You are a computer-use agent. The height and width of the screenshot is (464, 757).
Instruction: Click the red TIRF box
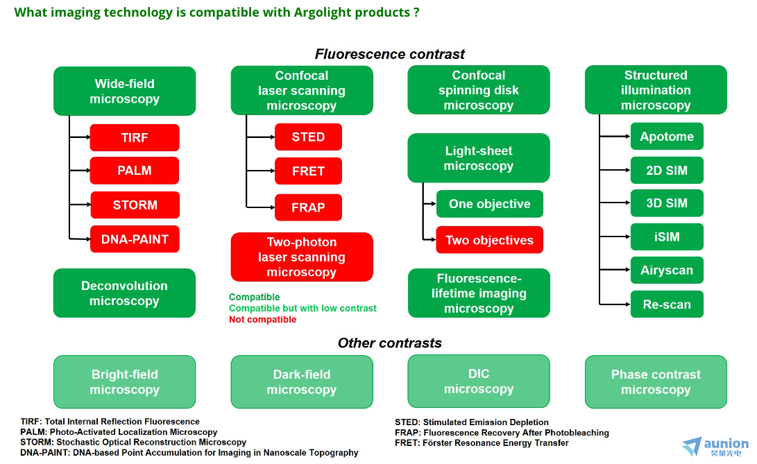pos(135,137)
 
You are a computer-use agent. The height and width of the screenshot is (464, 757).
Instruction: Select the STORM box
pos(135,205)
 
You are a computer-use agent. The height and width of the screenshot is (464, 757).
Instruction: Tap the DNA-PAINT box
pos(135,239)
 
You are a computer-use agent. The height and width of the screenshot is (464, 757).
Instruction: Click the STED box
pos(309,137)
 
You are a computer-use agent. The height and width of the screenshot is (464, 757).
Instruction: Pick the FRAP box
pos(309,207)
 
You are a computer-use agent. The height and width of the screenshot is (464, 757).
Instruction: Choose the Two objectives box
pos(490,240)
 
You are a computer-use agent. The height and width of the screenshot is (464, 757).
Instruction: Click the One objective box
pos(490,204)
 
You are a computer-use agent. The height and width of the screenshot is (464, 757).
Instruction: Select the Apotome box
pos(667,136)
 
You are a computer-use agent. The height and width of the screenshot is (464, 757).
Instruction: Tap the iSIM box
pos(667,237)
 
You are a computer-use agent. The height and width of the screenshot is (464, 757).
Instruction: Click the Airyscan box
pos(667,270)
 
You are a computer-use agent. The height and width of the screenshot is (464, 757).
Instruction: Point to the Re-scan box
pos(667,304)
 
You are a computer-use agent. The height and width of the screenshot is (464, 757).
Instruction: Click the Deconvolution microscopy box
pos(125,293)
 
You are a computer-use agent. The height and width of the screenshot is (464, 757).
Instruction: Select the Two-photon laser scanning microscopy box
pos(302,257)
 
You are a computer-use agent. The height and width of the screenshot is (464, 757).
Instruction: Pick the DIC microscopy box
pos(479,381)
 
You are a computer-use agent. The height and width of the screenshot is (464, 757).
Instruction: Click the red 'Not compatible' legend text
pos(263,319)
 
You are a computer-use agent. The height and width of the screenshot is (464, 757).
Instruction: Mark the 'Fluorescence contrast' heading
pos(390,53)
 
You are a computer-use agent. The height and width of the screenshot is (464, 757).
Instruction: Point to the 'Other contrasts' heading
pos(390,343)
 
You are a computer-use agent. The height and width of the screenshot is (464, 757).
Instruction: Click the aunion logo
pos(715,446)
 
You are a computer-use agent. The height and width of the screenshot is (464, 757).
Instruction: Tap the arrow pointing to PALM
pos(80,171)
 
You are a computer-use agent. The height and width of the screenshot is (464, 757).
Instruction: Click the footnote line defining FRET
pos(482,442)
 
